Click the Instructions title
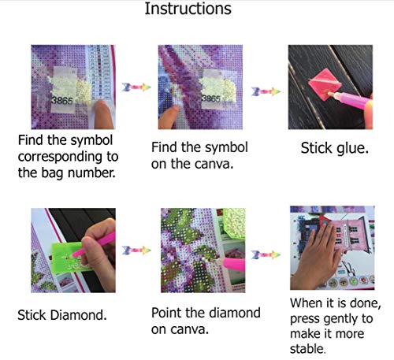coord(188,9)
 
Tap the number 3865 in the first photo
coord(62,101)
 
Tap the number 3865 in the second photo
coord(211,98)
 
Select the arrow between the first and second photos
coord(136,87)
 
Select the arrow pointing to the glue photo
coord(266,91)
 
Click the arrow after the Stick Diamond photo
coord(136,251)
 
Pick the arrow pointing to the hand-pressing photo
coord(266,254)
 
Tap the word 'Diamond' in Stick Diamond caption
coord(79,315)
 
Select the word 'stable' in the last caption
coord(307,349)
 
